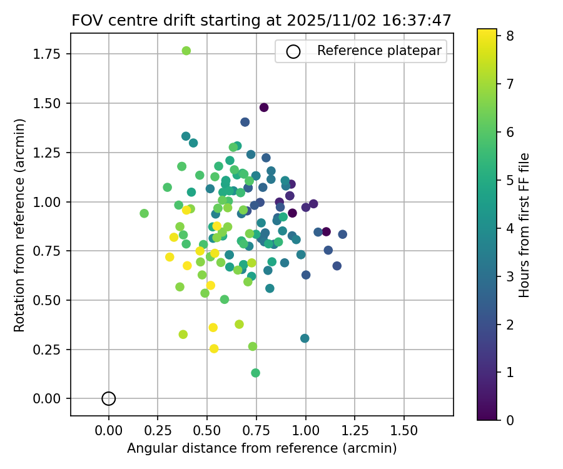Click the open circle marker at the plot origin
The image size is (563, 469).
click(x=109, y=398)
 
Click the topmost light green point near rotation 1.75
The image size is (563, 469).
click(x=186, y=51)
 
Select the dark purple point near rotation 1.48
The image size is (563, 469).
click(x=264, y=108)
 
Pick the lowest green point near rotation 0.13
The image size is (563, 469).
click(x=255, y=373)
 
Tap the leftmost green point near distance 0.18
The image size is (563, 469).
click(x=145, y=213)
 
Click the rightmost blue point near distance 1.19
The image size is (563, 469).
click(x=343, y=234)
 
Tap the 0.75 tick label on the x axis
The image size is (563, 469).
click(x=256, y=431)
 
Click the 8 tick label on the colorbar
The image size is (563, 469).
click(x=510, y=36)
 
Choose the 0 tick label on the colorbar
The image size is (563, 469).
click(x=510, y=420)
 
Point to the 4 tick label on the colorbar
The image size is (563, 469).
click(x=510, y=228)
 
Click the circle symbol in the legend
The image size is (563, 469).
click(x=293, y=51)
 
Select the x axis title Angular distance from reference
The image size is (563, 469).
click(x=261, y=448)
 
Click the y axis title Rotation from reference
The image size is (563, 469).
click(x=20, y=225)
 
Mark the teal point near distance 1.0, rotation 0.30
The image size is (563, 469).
click(x=305, y=338)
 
